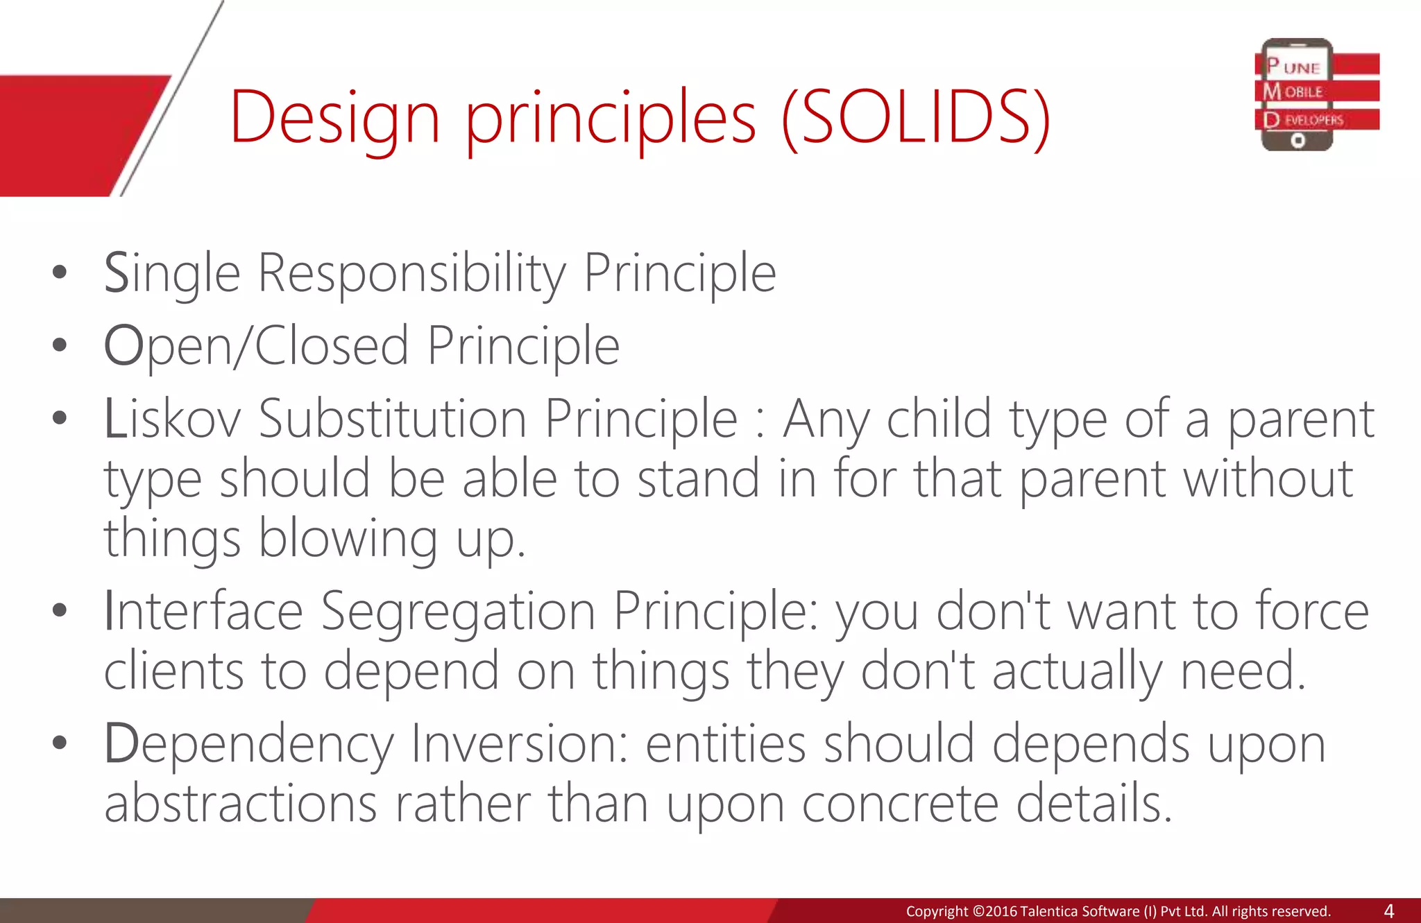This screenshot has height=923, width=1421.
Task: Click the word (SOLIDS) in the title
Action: (916, 118)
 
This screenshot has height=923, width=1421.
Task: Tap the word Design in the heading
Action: (334, 118)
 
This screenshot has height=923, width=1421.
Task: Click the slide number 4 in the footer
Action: (1388, 911)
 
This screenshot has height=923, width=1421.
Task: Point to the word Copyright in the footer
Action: (936, 911)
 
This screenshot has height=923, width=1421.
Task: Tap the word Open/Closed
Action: (256, 347)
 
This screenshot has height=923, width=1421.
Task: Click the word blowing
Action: (348, 540)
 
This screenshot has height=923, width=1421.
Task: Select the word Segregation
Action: (458, 612)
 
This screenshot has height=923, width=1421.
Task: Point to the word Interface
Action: (203, 612)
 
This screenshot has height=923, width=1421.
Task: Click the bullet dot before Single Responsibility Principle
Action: (60, 273)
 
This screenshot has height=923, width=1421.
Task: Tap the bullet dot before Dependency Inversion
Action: (60, 743)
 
